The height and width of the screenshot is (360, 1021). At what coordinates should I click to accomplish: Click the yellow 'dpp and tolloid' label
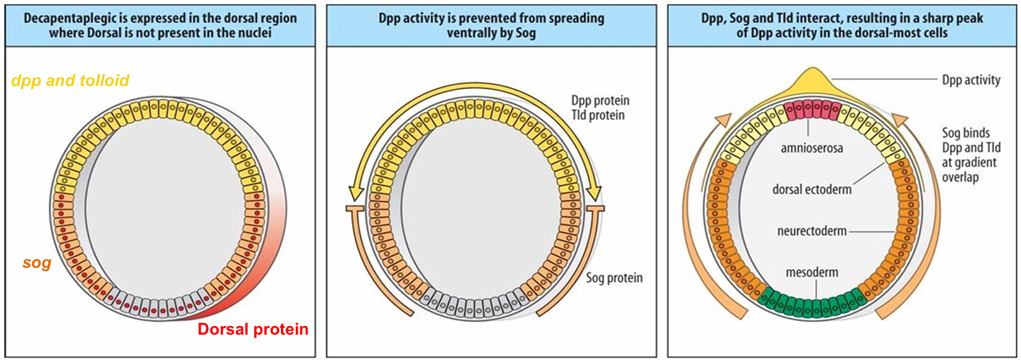(x=70, y=80)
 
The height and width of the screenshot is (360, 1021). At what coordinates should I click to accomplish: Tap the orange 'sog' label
(x=37, y=263)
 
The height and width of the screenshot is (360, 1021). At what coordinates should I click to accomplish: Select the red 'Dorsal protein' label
(x=253, y=329)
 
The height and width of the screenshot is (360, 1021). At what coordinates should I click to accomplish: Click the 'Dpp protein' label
(x=600, y=100)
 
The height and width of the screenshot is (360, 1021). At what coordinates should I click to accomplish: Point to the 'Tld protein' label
(x=598, y=115)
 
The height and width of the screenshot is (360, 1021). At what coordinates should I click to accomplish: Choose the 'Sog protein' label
(x=614, y=278)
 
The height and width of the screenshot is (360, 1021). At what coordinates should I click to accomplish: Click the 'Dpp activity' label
(x=971, y=80)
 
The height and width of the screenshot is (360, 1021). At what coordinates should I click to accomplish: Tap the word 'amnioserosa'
(x=812, y=148)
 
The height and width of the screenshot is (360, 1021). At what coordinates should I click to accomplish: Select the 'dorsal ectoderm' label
(x=812, y=189)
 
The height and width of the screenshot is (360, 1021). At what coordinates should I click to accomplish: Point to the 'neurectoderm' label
(x=812, y=231)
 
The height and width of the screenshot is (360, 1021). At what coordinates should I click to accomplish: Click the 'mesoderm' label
(x=812, y=273)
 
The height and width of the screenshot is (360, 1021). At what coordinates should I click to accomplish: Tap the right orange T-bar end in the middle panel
(x=595, y=208)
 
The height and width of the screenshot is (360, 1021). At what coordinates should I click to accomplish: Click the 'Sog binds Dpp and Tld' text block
(x=971, y=155)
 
